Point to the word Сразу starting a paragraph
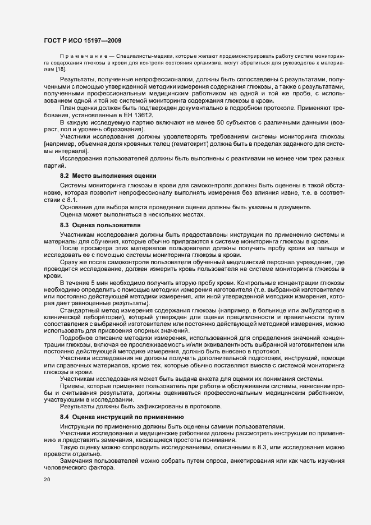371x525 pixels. [x=70, y=261]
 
